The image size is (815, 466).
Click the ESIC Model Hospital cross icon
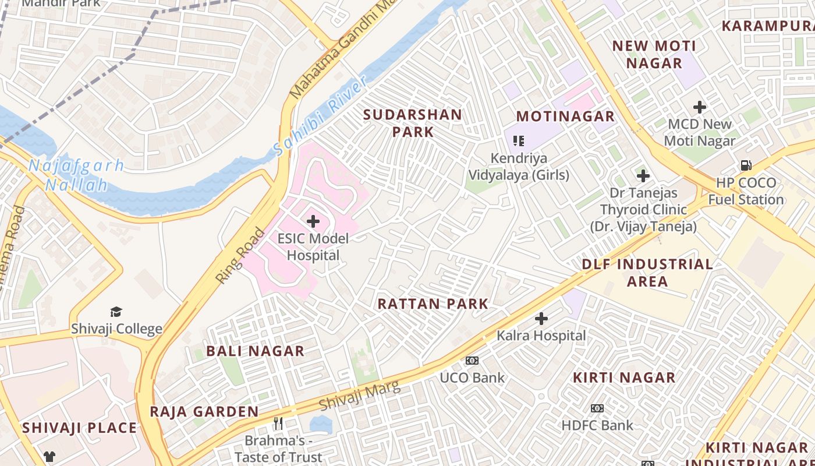(x=313, y=221)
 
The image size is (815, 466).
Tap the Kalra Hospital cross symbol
(x=541, y=319)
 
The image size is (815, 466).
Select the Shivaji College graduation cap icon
(x=116, y=312)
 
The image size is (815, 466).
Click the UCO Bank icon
(x=472, y=361)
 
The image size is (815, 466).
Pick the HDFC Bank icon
(x=597, y=408)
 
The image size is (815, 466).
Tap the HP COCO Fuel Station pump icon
(x=746, y=165)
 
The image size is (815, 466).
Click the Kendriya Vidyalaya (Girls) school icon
(x=519, y=140)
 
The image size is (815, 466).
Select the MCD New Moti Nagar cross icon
(x=700, y=107)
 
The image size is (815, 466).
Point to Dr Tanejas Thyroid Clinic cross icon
(x=643, y=175)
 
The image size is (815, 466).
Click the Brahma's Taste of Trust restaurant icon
(x=278, y=423)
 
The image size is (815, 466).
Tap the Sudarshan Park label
(x=413, y=123)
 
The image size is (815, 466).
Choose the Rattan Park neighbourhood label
(x=433, y=303)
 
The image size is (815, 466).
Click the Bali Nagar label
(x=255, y=351)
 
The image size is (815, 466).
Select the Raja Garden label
(x=204, y=411)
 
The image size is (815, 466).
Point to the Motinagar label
(x=565, y=116)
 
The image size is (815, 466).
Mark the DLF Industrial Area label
(x=647, y=273)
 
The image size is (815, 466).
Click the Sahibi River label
(x=320, y=116)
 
